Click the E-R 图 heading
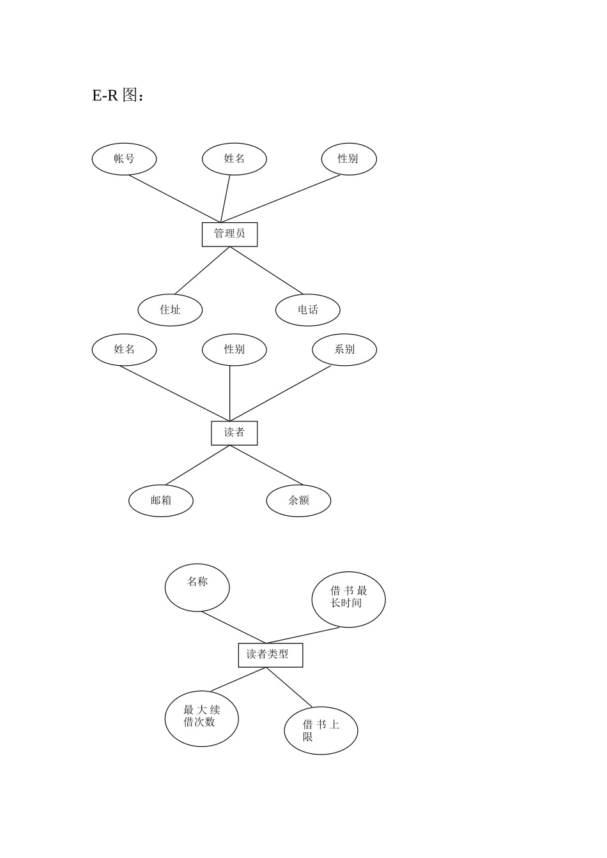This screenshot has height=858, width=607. click(118, 96)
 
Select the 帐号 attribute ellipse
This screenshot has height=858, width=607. click(124, 159)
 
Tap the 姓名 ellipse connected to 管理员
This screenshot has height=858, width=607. click(234, 159)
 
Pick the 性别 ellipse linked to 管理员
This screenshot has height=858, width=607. click(348, 159)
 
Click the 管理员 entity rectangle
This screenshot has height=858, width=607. click(229, 234)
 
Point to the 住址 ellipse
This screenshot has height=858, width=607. click(170, 310)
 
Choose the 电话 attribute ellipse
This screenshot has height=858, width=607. click(307, 310)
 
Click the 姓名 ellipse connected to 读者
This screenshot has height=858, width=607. click(124, 350)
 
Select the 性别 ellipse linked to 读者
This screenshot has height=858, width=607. click(234, 350)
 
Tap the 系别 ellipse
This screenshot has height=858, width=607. click(344, 350)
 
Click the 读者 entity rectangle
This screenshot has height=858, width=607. click(234, 433)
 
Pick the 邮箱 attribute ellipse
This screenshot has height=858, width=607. click(161, 500)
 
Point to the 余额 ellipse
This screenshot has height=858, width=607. click(298, 500)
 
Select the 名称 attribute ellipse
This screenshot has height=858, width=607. click(197, 587)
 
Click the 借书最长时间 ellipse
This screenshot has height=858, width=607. click(348, 599)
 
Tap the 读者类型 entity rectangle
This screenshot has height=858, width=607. click(270, 655)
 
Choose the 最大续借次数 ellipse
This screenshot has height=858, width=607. click(201, 718)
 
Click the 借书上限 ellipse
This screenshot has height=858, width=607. click(321, 730)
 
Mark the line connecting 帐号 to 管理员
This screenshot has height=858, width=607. click(174, 199)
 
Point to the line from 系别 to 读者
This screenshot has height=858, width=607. click(280, 393)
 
